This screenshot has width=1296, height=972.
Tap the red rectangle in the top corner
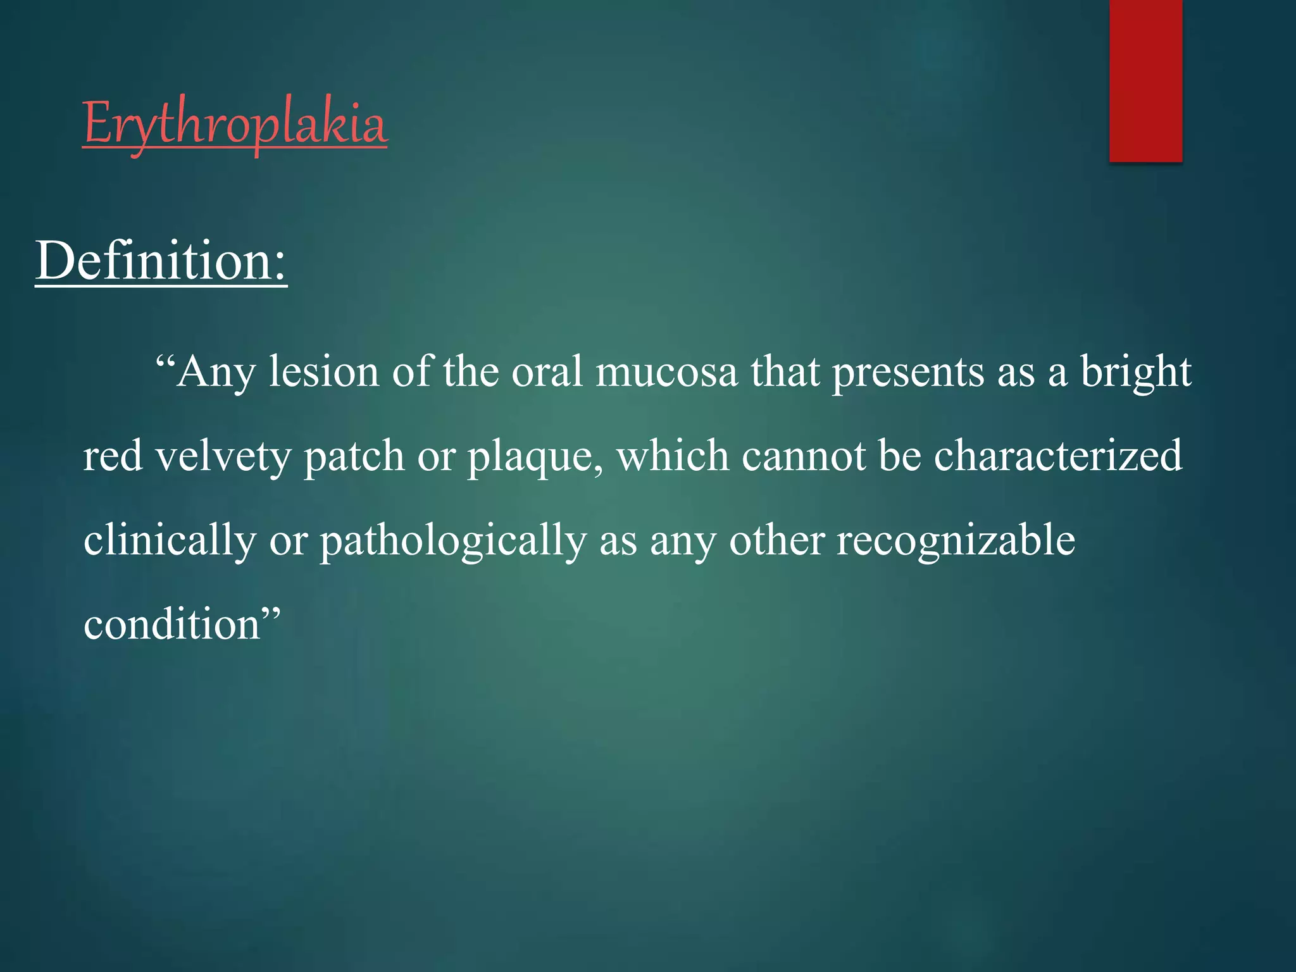[x=1145, y=80]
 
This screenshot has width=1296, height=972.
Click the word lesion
[x=323, y=371]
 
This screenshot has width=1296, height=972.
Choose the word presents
[x=907, y=371]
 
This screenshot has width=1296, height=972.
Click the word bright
[x=1135, y=371]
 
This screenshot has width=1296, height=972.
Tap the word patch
[x=354, y=456]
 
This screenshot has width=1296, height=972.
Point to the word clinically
[x=170, y=540]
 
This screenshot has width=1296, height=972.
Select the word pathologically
[x=452, y=540]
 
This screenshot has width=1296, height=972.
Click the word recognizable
[x=956, y=540]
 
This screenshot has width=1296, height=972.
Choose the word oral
[x=546, y=371]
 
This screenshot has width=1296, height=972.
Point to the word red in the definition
[x=113, y=456]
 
